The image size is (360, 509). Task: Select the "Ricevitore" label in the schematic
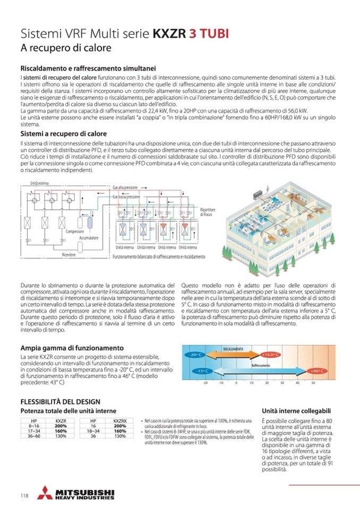(x=69, y=255)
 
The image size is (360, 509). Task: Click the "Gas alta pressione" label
(x=125, y=187)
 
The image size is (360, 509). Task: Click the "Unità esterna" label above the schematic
(x=41, y=183)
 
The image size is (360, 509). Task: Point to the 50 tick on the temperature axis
(x=313, y=382)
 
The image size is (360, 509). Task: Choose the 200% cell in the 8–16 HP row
(x=61, y=426)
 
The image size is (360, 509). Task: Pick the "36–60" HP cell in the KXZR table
(x=34, y=436)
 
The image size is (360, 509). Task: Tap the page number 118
(x=24, y=496)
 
